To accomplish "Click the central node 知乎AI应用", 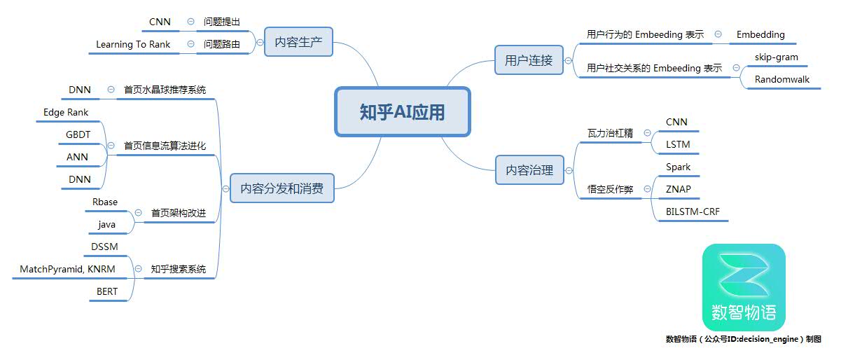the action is point(403,112).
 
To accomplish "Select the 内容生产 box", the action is point(298,41).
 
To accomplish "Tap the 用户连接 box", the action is point(529,60).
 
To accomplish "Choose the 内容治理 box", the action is point(529,170).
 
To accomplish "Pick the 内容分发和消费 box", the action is point(282,188).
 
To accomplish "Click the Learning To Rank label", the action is point(133,44).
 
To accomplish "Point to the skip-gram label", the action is point(777,57).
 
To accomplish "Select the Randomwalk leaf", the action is point(782,79).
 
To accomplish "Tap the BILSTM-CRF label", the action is point(693,212).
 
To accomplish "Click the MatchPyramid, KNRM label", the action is point(68,269).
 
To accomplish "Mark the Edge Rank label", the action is point(66,112).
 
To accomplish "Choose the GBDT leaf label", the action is point(78,134).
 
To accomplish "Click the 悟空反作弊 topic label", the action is point(611,189).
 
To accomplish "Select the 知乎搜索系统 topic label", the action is point(179,269).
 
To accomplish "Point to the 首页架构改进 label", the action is point(179,213).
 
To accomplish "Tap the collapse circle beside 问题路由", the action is point(190,44).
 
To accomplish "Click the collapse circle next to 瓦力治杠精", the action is point(647,132).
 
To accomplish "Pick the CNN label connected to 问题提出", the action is point(160,22).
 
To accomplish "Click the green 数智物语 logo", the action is point(744,287).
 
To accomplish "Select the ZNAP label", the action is point(678,189).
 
